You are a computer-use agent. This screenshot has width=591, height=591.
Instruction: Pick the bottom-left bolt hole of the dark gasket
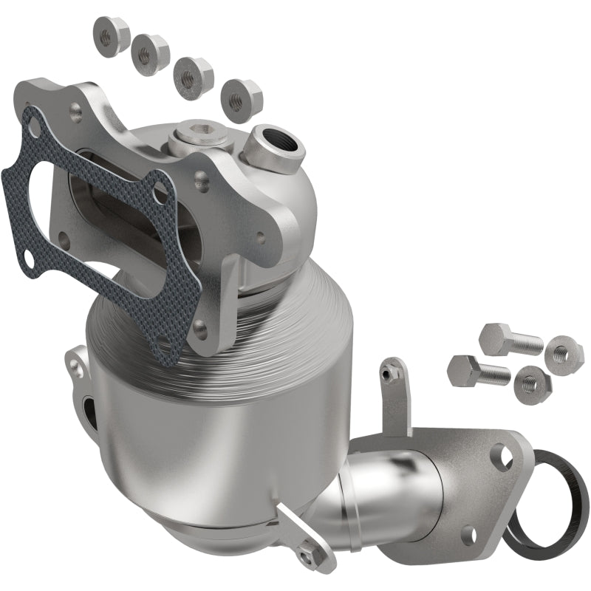click(x=27, y=259)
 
